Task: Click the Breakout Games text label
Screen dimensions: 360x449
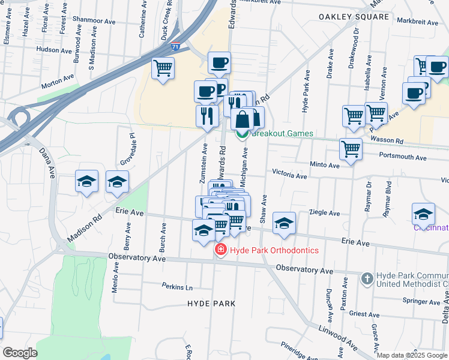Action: [x=282, y=133]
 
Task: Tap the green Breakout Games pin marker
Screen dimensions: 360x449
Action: [x=243, y=134]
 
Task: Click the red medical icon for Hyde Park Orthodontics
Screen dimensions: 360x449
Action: [x=221, y=250]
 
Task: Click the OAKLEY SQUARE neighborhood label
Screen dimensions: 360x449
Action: [x=354, y=17]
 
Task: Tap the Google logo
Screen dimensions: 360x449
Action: [x=20, y=352]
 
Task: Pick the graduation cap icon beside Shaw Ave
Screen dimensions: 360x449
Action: [x=284, y=223]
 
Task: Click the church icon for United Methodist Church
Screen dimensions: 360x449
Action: [x=367, y=278]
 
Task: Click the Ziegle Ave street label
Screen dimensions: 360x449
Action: [x=324, y=213]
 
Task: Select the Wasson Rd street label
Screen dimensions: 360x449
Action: [x=387, y=140]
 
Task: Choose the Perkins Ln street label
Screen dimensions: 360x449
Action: [x=176, y=287]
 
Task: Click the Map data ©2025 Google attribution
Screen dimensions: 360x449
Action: [x=412, y=355]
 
